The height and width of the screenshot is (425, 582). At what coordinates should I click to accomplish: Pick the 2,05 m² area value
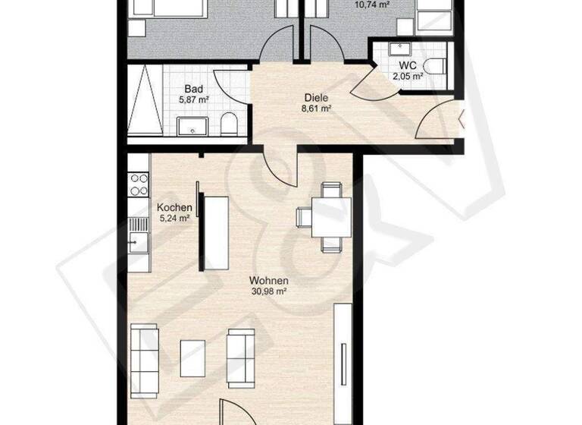tap(406, 76)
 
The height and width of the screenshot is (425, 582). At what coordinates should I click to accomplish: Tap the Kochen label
tap(173, 207)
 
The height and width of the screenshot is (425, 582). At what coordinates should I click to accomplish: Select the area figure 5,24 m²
tap(174, 219)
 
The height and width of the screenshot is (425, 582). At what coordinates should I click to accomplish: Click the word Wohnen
tap(269, 279)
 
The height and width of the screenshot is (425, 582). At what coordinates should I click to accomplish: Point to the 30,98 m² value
tap(269, 291)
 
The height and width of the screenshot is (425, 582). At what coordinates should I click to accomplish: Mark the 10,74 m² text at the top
tap(372, 4)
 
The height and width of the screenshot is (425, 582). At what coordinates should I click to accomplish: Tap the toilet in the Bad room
tap(228, 124)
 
